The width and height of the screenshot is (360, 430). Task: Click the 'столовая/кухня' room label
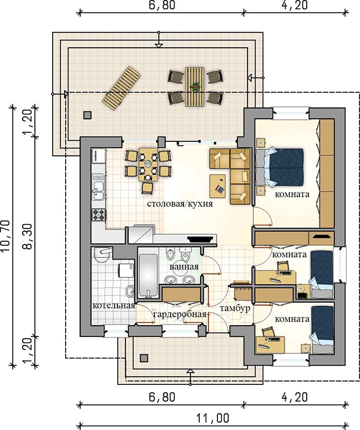[180, 204]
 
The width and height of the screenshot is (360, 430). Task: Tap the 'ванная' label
[184, 267]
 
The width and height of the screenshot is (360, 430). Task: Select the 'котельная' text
[114, 306]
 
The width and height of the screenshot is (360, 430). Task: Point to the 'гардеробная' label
[180, 314]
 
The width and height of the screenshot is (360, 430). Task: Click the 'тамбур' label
[235, 309]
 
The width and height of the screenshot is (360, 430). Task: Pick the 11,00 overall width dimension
[213, 418]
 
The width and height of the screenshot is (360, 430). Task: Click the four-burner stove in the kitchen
[99, 214]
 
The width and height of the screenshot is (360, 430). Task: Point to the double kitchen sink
[98, 187]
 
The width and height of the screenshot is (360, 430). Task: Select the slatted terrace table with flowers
[195, 87]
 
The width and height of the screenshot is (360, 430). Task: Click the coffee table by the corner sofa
[217, 186]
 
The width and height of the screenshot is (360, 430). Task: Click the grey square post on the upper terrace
[88, 115]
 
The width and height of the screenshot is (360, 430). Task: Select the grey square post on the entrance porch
[144, 358]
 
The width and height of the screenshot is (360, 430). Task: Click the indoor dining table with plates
[149, 165]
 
